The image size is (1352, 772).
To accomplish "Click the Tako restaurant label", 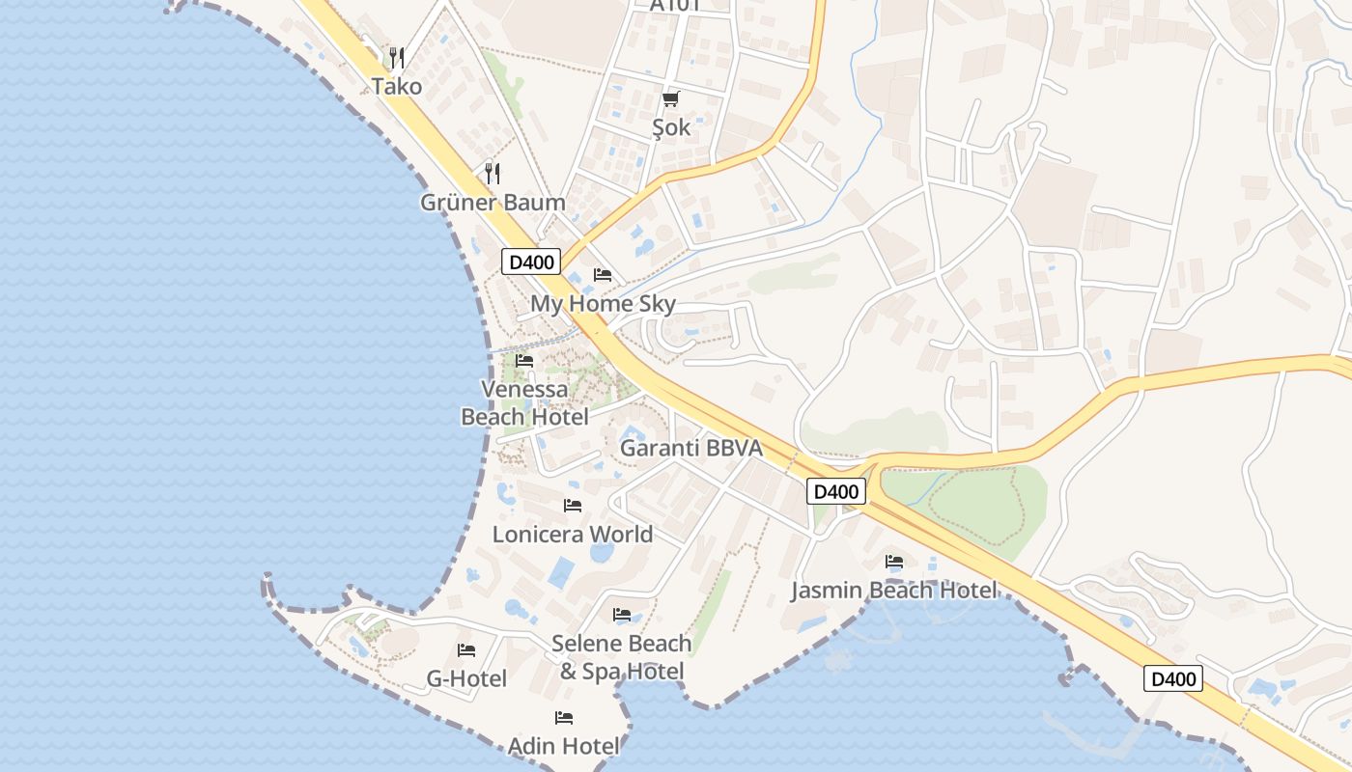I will [397, 86].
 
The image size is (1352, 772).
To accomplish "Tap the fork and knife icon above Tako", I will [397, 58].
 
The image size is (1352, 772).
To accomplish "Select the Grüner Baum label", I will [493, 203].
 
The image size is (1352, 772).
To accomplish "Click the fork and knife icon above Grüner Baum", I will [493, 173].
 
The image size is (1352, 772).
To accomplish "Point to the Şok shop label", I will [671, 127].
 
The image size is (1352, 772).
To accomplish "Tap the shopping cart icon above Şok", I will [671, 98].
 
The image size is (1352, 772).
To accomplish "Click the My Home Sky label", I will [603, 304].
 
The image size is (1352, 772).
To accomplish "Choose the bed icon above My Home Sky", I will [603, 275].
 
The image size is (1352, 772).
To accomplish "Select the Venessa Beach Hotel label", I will [524, 403].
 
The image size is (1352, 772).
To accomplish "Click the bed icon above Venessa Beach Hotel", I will [524, 361].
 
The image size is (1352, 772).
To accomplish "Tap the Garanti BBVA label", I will [691, 448].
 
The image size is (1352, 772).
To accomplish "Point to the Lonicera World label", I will [573, 534].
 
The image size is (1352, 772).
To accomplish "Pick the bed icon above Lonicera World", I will [573, 506].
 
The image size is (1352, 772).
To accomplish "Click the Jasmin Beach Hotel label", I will [894, 590].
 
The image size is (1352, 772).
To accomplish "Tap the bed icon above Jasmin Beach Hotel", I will [894, 562].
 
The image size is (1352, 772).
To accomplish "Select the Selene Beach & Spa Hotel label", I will [622, 657].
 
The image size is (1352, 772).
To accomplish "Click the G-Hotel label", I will [466, 678].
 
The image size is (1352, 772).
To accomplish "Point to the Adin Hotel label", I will [564, 746].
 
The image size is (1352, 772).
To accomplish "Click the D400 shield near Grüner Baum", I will [531, 262].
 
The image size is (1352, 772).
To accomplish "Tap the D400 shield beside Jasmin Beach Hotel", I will [836, 491].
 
